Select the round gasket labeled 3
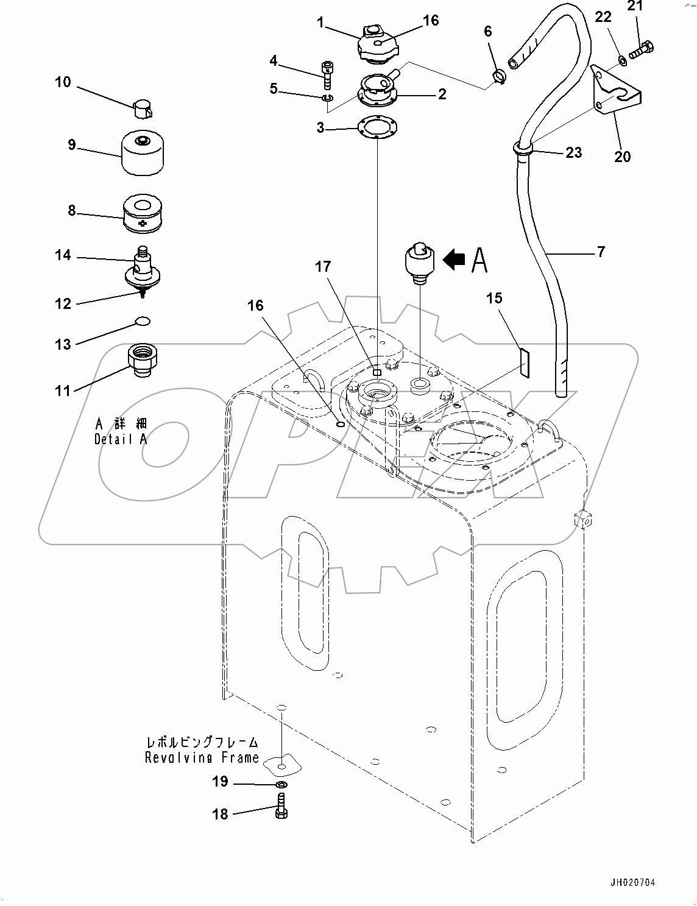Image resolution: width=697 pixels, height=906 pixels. pyautogui.click(x=377, y=127)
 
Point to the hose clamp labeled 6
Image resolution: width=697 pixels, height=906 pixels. pyautogui.click(x=498, y=77)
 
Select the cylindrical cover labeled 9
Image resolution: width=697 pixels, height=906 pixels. pyautogui.click(x=144, y=154)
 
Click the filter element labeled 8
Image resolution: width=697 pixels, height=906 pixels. pyautogui.click(x=144, y=214)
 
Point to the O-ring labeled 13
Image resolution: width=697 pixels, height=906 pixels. pyautogui.click(x=143, y=320)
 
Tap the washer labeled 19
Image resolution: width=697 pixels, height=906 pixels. pyautogui.click(x=281, y=784)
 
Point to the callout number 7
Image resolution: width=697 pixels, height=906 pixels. pyautogui.click(x=601, y=251)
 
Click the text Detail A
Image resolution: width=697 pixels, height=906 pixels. pyautogui.click(x=121, y=439)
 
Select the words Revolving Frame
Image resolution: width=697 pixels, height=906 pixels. pyautogui.click(x=202, y=758)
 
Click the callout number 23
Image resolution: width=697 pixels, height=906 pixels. pyautogui.click(x=573, y=152)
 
